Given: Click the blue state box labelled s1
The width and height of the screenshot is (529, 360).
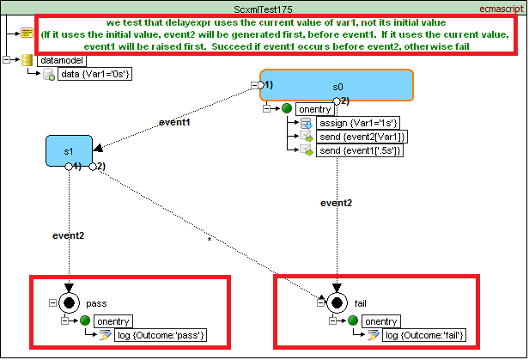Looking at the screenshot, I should [69, 151].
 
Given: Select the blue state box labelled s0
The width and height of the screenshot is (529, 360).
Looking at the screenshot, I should [337, 87].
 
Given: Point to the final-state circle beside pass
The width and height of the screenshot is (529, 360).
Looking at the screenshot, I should [70, 302].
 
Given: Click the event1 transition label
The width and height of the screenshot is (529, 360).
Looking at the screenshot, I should [176, 123].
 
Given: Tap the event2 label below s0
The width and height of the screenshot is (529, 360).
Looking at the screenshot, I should [336, 203].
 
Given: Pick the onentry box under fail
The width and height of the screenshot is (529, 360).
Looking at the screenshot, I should [378, 321].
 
